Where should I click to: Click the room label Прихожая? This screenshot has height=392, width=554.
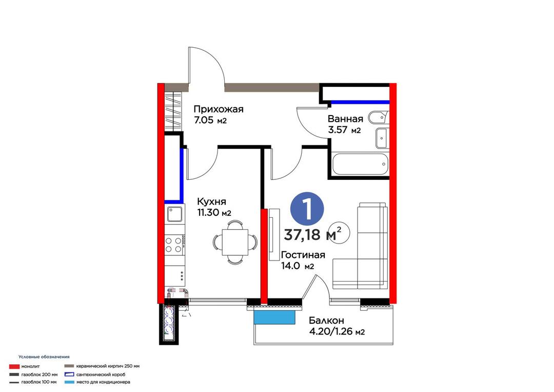pos(219,109)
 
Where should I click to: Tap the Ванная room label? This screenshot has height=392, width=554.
pos(345,119)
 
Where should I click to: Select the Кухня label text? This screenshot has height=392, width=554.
pos(211,202)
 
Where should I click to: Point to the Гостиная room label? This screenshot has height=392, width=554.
pos(303,255)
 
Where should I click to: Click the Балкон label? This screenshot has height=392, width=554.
pos(326,321)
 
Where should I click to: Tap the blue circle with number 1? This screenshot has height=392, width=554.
pos(307,209)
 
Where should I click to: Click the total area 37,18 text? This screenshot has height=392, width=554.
pos(302,235)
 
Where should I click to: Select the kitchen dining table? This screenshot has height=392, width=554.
pos(235,242)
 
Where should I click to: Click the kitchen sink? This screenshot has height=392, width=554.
pos(174,214)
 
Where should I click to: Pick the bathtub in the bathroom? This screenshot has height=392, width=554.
pos(360,164)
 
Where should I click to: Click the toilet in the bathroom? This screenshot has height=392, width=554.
pos(378,118)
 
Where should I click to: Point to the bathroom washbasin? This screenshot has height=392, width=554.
pos(382,138)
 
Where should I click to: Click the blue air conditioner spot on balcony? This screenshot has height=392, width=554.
pos(274,318)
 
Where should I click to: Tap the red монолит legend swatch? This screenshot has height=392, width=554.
pos(14,366)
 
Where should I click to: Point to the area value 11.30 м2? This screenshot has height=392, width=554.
pos(214,213)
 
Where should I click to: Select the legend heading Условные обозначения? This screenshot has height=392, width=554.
pos(44,357)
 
